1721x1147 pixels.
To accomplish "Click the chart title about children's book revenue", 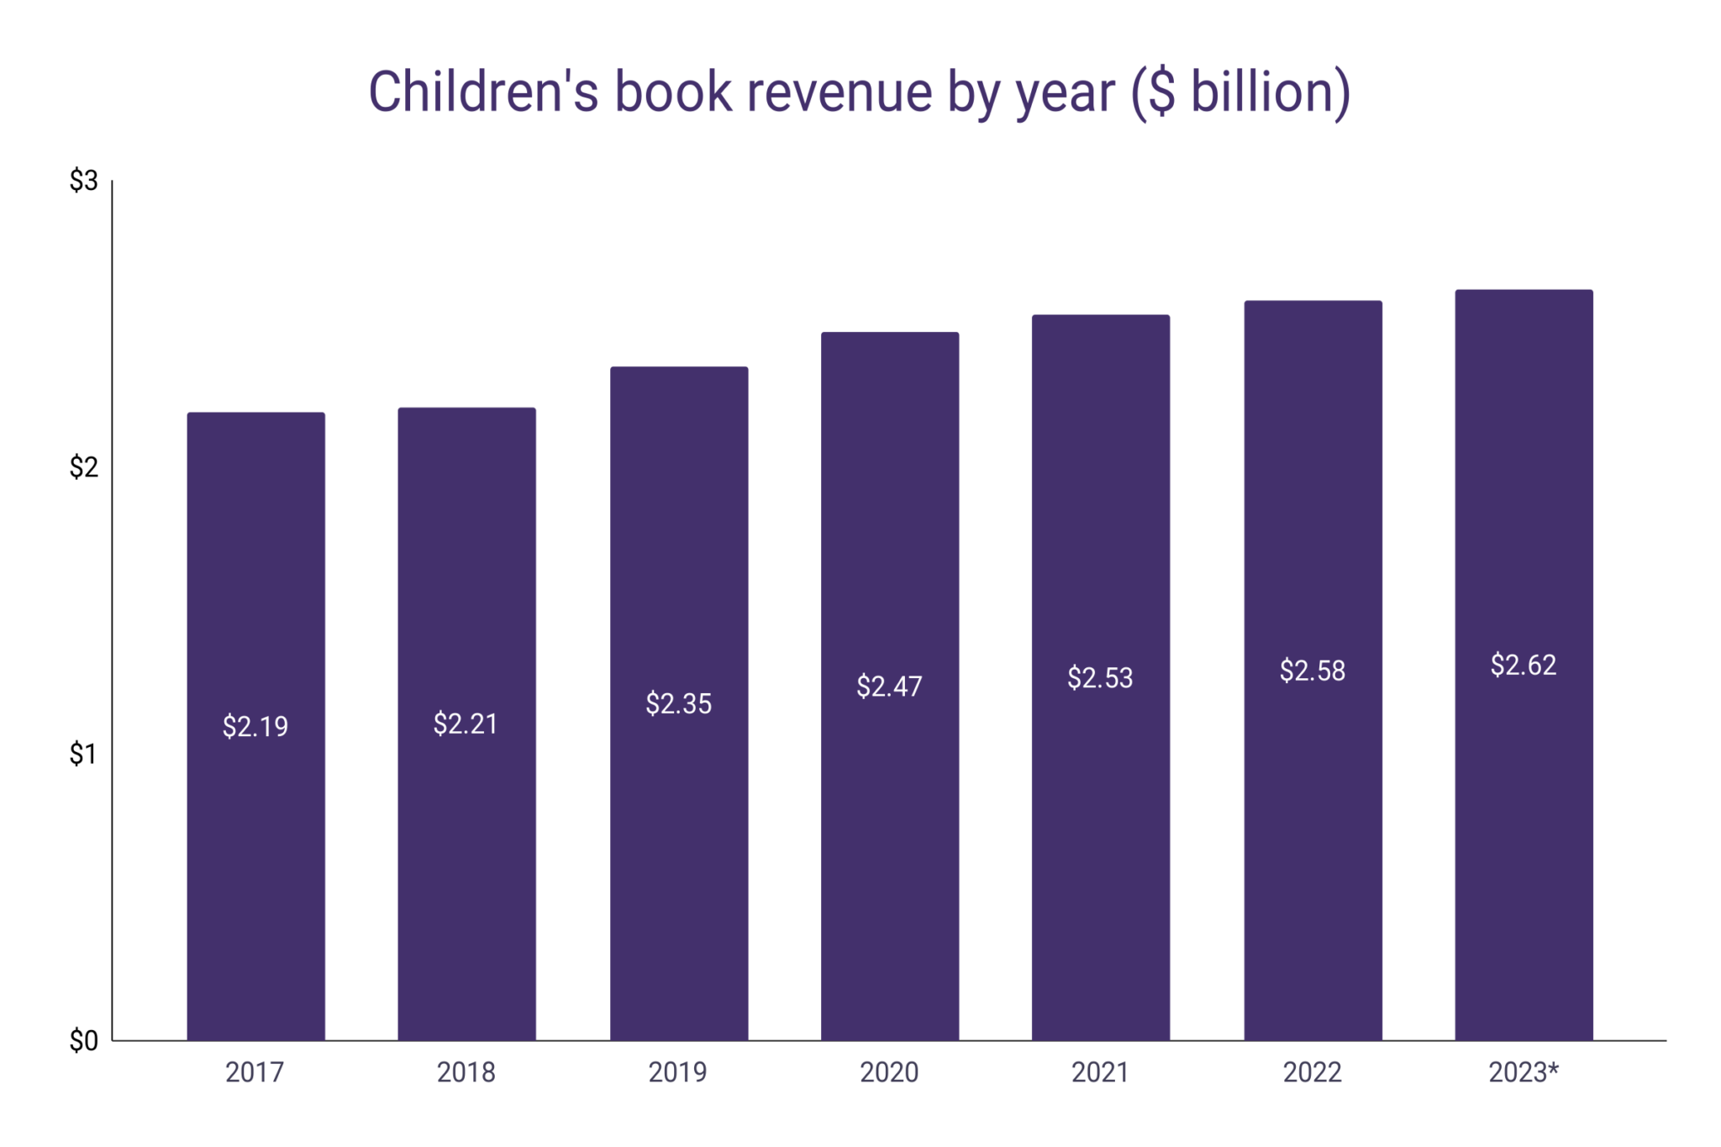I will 859,92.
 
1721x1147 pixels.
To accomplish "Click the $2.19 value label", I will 255,726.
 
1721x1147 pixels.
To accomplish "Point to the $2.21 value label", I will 466,723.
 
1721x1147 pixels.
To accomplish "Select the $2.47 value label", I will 889,687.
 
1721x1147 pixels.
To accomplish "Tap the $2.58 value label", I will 1312,671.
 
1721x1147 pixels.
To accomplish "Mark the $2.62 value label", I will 1524,665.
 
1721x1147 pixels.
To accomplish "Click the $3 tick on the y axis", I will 84,181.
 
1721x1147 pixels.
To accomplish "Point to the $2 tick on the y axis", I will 84,467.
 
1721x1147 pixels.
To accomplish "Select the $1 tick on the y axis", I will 84,754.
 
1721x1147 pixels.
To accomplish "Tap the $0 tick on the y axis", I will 84,1041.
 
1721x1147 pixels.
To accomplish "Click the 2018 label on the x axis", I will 466,1072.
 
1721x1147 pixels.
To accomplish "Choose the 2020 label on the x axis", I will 889,1072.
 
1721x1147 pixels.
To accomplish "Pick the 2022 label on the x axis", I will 1312,1072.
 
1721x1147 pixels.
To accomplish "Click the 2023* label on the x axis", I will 1524,1072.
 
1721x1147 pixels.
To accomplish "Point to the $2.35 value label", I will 678,703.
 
